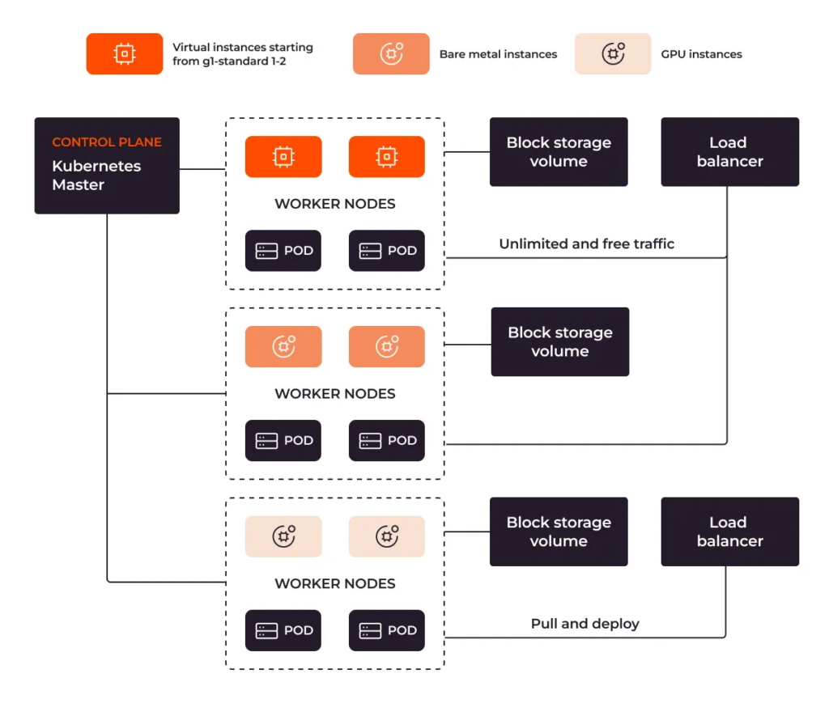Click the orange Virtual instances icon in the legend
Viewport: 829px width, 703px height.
(124, 53)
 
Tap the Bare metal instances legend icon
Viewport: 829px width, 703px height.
(390, 53)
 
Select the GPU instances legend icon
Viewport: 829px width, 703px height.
(612, 53)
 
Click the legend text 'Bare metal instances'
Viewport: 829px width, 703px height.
(498, 54)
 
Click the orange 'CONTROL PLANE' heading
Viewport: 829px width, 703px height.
(107, 142)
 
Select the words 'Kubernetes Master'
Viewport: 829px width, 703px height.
(96, 176)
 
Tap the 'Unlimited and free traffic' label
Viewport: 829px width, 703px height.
(586, 244)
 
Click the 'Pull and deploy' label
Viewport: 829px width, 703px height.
(585, 624)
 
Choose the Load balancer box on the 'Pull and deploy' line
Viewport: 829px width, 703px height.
(729, 531)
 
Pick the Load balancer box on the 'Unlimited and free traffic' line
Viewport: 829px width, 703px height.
(729, 152)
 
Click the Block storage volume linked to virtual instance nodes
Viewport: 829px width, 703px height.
(559, 152)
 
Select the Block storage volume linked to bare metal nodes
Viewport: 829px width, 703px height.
(559, 341)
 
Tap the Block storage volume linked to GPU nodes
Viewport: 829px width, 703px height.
(559, 531)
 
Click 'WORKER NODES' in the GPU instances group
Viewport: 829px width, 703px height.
(335, 584)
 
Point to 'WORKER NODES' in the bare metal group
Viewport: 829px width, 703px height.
(335, 394)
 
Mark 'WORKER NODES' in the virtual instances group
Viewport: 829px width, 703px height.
(335, 204)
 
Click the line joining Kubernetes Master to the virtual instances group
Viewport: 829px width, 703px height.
(202, 169)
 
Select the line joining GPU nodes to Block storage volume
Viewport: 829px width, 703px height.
(467, 532)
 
